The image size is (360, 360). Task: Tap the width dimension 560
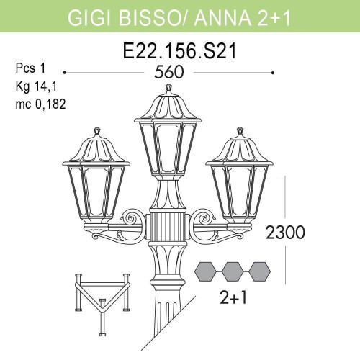tap(170, 73)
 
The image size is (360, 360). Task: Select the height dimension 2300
tap(286, 233)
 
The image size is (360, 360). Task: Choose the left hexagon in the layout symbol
tap(207, 271)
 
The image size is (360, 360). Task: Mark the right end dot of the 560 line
tap(272, 73)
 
